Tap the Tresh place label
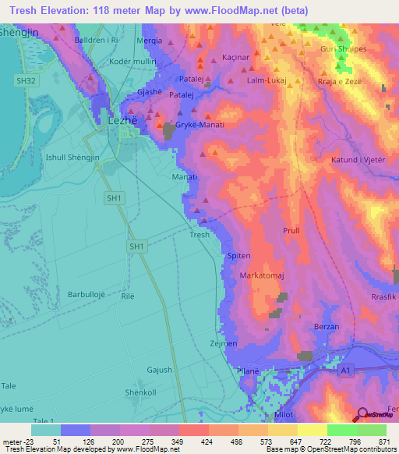[x=199, y=235]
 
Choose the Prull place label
[x=291, y=231]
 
